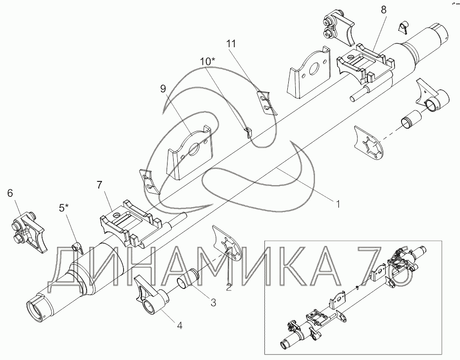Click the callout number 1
(338, 204)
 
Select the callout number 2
(229, 287)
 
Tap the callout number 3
(213, 302)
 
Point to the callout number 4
(180, 325)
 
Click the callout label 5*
(64, 208)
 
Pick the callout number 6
(10, 193)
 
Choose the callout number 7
(100, 185)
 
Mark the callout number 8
(383, 10)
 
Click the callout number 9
(163, 88)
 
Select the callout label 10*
(208, 61)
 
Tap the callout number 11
(231, 43)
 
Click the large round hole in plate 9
(195, 150)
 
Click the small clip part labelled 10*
(248, 132)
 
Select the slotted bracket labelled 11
(267, 103)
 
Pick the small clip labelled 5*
(78, 247)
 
